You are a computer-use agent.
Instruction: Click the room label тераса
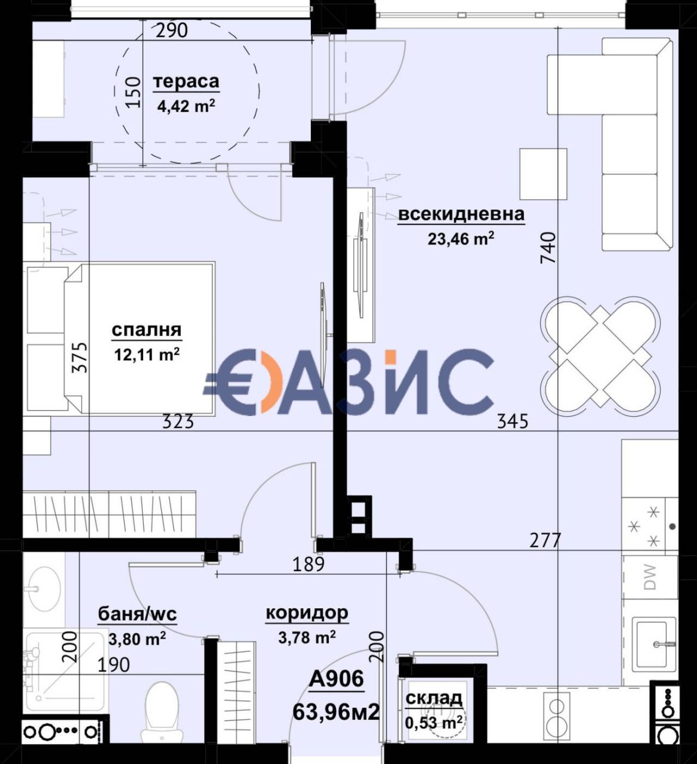point(186,82)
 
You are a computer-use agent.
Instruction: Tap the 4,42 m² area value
point(186,106)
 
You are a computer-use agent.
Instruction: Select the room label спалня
point(147,330)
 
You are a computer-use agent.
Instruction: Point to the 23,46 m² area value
point(461,239)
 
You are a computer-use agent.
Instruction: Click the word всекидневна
point(462,214)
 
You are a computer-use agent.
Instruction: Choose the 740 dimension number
point(549,248)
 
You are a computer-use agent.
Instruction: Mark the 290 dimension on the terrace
point(172,30)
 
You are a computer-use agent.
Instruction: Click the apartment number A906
point(337,679)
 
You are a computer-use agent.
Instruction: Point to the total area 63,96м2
point(337,711)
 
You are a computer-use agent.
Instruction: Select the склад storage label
point(434,698)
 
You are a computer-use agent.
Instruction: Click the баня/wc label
point(137,614)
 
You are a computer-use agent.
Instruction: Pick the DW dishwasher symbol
point(650,577)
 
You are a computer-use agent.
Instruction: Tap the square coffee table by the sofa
point(544,174)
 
